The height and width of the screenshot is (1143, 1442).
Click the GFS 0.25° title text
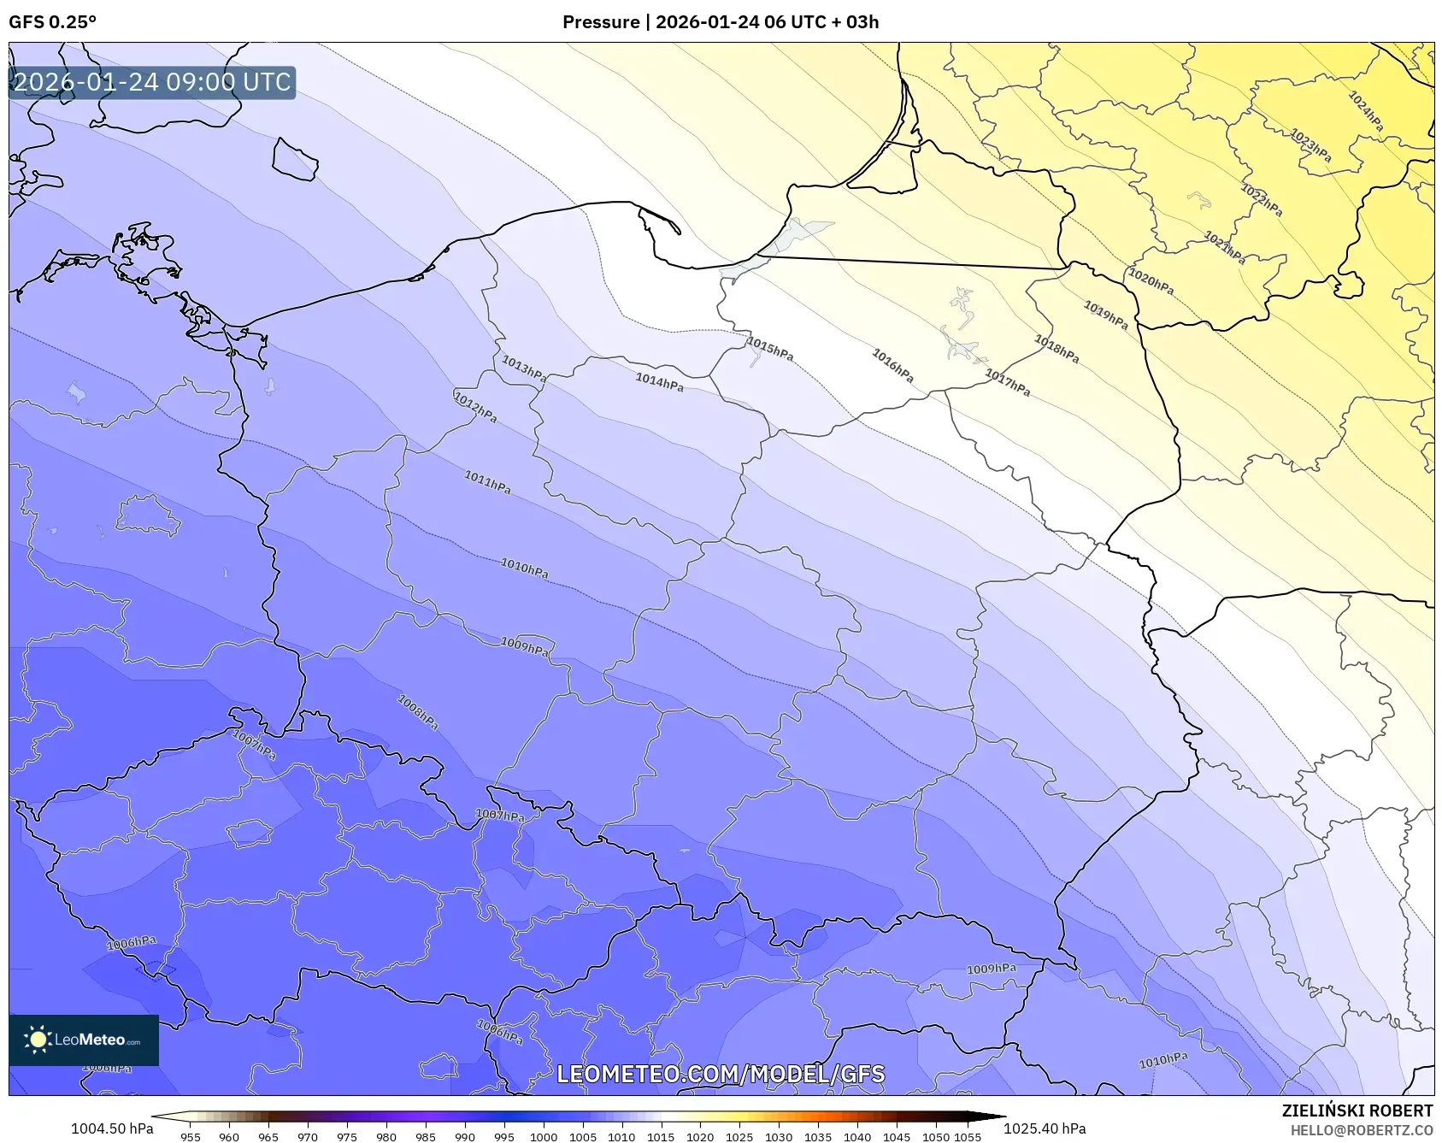click(x=53, y=22)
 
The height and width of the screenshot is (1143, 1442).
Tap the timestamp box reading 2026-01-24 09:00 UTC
click(x=152, y=82)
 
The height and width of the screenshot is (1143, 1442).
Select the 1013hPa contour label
click(x=523, y=368)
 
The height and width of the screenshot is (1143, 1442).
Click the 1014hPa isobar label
click(x=659, y=382)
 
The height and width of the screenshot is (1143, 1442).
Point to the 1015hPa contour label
click(x=769, y=349)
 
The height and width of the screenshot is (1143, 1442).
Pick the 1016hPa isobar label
click(x=892, y=365)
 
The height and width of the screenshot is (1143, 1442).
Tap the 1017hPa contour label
click(x=1007, y=381)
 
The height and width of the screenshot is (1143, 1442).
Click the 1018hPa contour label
click(x=1056, y=349)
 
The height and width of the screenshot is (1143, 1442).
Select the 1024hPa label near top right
click(x=1365, y=111)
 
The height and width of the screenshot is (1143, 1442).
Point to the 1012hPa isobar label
click(x=474, y=407)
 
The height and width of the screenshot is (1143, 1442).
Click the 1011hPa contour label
click(x=487, y=482)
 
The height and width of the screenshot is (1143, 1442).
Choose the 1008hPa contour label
click(x=418, y=712)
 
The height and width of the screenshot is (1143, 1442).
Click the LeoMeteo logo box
click(x=84, y=1040)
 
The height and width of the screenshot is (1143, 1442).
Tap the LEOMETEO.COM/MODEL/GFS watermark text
click(x=721, y=1074)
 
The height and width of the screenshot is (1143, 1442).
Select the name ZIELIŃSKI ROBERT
click(x=1357, y=1111)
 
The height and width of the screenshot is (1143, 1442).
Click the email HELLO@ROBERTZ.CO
click(x=1361, y=1130)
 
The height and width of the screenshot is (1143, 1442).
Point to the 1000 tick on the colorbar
click(x=543, y=1137)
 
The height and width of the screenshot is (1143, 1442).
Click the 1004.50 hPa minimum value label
click(x=112, y=1128)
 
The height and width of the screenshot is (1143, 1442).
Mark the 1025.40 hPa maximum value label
click(x=1045, y=1128)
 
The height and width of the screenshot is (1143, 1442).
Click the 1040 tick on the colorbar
click(x=856, y=1137)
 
